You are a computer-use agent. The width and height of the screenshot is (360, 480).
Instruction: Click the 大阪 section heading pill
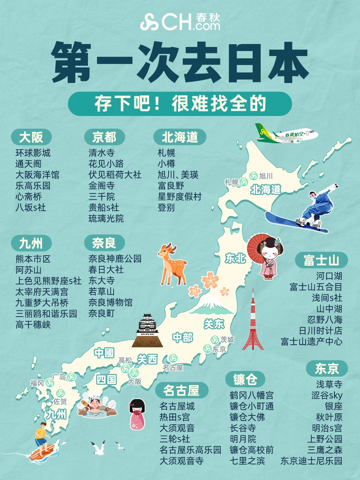point(31,137)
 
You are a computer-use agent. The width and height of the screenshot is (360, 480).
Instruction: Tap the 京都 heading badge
point(104,137)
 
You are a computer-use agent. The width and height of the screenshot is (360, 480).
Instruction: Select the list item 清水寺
point(101,153)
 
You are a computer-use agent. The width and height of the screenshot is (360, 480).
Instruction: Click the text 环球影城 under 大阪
point(33,153)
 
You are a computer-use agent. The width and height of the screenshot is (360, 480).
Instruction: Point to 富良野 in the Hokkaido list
point(171,186)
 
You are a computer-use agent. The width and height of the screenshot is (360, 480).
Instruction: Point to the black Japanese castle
point(147,332)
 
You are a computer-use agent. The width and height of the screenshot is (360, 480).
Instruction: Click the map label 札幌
point(231,182)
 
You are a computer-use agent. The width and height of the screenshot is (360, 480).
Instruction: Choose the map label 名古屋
point(173,368)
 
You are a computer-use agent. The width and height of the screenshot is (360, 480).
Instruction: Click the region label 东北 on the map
point(235,258)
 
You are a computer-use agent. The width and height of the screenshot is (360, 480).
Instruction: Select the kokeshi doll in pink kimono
point(137,414)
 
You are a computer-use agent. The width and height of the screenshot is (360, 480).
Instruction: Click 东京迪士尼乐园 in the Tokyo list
point(311,461)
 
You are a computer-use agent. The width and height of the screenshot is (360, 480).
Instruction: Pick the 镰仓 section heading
point(245,379)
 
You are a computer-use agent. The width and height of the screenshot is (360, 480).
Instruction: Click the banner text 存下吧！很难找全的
point(180,104)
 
